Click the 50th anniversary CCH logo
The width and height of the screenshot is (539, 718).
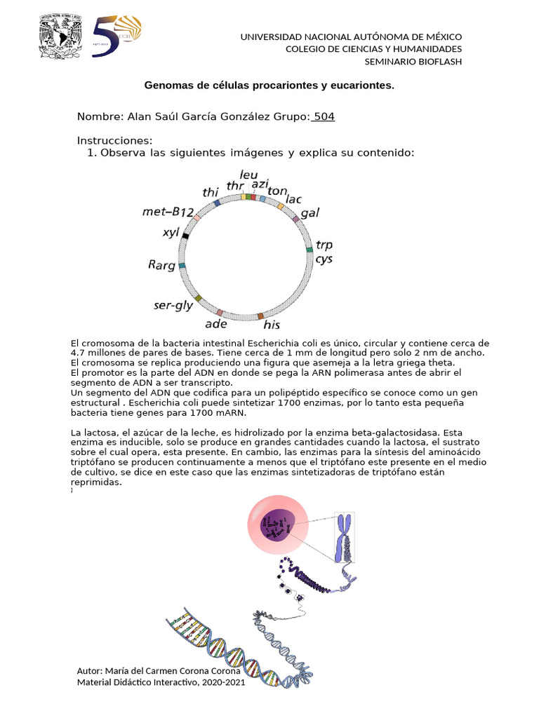(117, 36)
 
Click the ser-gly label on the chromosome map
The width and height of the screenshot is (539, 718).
(173, 306)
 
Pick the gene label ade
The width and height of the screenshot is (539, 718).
(216, 323)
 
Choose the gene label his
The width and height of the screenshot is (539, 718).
(272, 325)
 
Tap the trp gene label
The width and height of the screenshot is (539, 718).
(324, 245)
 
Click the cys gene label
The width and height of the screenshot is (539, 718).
(324, 259)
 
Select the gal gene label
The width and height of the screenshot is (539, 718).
(310, 212)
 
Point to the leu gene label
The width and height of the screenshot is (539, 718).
(248, 174)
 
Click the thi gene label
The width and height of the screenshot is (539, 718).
(211, 192)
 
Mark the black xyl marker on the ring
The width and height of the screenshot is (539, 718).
(185, 236)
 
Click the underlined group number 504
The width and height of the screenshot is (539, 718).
(324, 116)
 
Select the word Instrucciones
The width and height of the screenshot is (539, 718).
(114, 141)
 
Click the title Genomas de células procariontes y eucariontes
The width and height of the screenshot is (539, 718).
(269, 86)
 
